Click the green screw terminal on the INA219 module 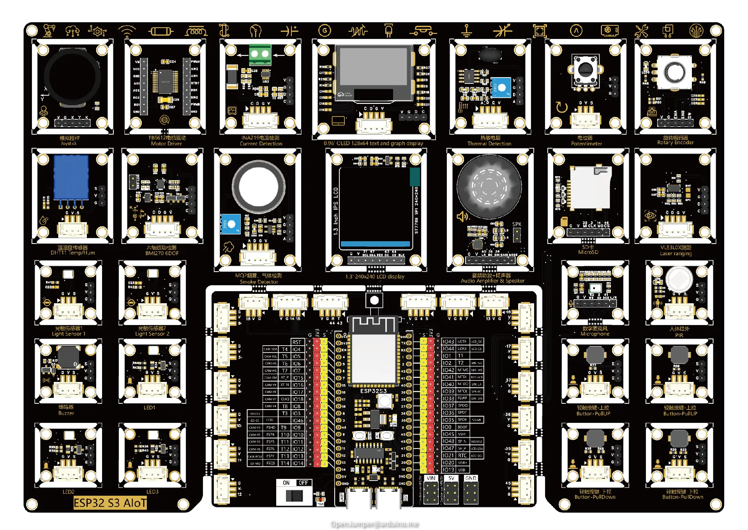(x=260, y=54)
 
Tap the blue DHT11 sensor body (x=71, y=177)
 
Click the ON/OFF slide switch (x=294, y=496)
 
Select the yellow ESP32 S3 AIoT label (x=110, y=503)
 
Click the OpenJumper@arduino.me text (x=374, y=524)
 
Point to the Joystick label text (x=69, y=143)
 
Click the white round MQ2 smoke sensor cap (x=258, y=187)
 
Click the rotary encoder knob (x=675, y=72)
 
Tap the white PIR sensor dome (x=679, y=279)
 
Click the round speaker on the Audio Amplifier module (x=489, y=187)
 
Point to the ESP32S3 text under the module (x=373, y=391)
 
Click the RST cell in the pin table (x=296, y=342)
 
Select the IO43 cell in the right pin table (x=448, y=341)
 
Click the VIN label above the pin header (x=431, y=478)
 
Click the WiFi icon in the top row (x=127, y=31)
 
